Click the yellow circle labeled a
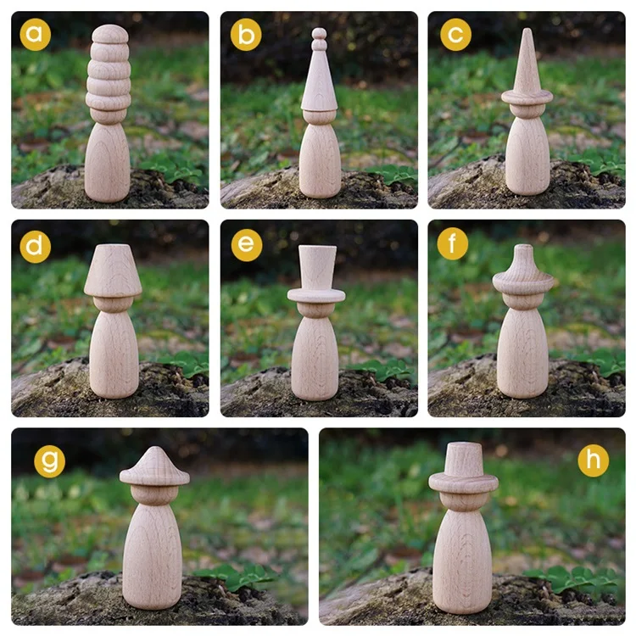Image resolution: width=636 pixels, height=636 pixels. (36, 35)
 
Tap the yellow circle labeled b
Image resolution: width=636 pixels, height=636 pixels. (246, 35)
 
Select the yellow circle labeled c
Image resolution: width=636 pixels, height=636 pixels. (455, 35)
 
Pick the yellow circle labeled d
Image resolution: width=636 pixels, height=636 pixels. (36, 246)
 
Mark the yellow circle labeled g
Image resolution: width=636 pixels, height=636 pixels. (50, 461)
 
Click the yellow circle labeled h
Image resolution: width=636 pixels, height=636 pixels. (593, 460)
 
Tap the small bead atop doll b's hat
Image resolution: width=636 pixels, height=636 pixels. (319, 35)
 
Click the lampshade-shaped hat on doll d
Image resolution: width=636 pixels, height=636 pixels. (113, 270)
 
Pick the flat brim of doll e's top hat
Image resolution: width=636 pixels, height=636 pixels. (316, 295)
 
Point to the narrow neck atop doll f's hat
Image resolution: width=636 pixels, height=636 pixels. (526, 254)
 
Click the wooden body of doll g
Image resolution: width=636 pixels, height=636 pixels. (153, 555)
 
